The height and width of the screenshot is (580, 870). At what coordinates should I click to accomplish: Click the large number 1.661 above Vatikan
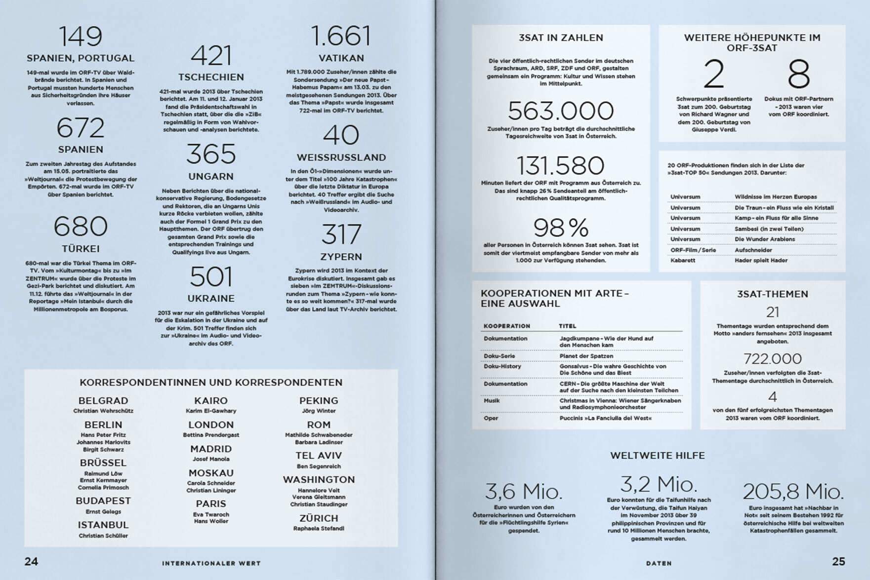(x=341, y=36)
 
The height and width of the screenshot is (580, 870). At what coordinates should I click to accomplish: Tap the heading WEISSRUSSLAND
(x=341, y=157)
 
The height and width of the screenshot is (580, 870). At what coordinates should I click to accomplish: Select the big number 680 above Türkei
(x=81, y=226)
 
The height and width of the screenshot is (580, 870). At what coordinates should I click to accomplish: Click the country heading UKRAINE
(x=211, y=299)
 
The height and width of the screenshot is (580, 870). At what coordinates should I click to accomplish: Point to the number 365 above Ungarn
(x=211, y=154)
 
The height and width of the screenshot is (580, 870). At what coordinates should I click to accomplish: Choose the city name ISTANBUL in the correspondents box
(x=103, y=525)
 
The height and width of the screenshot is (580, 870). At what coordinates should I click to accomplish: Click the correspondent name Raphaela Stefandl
(x=319, y=528)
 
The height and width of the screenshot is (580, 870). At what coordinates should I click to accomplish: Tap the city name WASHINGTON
(x=319, y=479)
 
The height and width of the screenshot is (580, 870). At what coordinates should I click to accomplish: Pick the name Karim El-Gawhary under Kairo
(x=211, y=411)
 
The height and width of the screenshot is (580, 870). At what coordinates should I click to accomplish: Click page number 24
(x=31, y=561)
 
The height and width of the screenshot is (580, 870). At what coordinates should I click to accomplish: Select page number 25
(x=838, y=561)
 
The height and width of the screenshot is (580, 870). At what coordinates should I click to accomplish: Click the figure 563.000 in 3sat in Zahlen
(x=561, y=111)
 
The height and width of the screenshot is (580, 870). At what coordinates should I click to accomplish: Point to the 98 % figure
(x=561, y=228)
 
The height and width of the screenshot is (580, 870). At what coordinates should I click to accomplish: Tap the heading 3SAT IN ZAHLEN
(x=561, y=38)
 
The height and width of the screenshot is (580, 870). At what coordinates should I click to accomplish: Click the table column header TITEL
(x=568, y=326)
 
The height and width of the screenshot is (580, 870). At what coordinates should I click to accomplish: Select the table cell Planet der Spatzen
(x=586, y=356)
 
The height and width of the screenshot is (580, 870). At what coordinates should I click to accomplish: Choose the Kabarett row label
(x=683, y=260)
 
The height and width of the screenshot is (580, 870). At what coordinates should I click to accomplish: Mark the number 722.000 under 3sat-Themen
(x=773, y=358)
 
